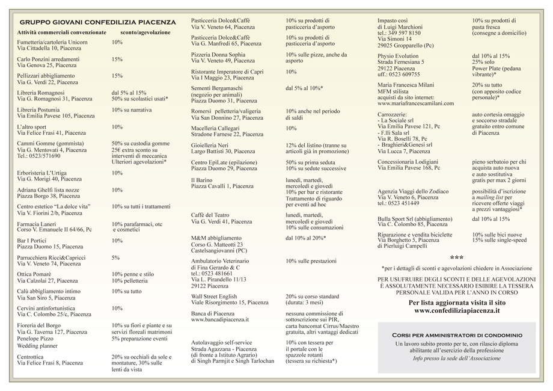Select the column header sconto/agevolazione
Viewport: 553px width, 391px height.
(x=145, y=32)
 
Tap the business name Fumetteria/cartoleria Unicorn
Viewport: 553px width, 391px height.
(x=52, y=43)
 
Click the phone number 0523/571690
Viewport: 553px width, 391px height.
(x=45, y=156)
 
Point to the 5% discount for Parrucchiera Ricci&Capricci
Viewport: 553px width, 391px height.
(x=115, y=257)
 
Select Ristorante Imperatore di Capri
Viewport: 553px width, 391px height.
(x=227, y=72)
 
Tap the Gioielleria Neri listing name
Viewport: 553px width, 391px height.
(x=210, y=146)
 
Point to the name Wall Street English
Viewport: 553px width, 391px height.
(x=214, y=297)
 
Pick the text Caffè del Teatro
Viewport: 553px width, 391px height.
(x=210, y=215)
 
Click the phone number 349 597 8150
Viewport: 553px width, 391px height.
(x=404, y=33)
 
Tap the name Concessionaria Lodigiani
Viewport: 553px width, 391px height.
(x=408, y=162)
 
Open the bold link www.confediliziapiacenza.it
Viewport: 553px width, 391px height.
(x=457, y=311)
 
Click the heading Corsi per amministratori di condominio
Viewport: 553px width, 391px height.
(x=457, y=334)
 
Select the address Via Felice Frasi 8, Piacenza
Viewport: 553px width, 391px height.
(x=50, y=363)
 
